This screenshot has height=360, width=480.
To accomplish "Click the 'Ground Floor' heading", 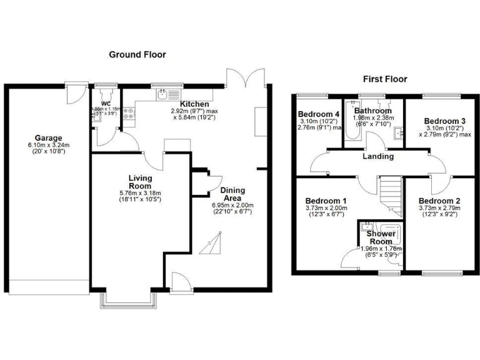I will point(137,54).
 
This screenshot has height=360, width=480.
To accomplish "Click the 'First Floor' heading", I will point(385,79).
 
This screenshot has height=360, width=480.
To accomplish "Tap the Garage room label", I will point(49,138).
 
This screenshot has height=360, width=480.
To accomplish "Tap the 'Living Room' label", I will point(141,182).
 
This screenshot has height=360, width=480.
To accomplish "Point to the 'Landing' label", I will point(378,156).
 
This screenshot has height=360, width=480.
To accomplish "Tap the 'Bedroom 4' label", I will point(318,114).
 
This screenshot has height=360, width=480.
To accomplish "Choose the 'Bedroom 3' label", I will point(444,121).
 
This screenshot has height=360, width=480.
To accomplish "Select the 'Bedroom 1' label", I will point(327,201).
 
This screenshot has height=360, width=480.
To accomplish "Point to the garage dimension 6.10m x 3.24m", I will point(49,146).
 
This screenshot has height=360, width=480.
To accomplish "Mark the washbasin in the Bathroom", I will point(397,132).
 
